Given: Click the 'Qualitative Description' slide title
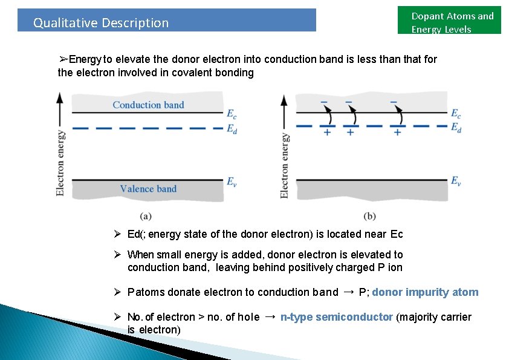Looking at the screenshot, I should pos(101,23).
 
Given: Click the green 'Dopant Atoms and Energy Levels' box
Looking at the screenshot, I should pos(452,22).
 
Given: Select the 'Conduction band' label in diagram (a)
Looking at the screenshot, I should pos(148,105).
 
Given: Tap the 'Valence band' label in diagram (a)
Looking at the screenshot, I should pos(148,189).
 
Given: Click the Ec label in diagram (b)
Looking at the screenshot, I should pos(456,113).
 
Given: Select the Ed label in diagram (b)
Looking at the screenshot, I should pos(456,127).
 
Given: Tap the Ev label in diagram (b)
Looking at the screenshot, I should pos(456,180).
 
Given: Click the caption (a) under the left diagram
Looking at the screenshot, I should pos(145,215).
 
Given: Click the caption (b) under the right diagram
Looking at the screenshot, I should pos(370,215).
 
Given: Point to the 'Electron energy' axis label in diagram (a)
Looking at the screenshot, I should pos(60,162).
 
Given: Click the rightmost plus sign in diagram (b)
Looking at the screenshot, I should pos(397,132).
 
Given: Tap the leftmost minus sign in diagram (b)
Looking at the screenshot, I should pos(325,101).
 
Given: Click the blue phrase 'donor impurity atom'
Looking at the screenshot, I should pos(425,292).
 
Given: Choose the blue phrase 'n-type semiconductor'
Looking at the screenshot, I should pos(337,317).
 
